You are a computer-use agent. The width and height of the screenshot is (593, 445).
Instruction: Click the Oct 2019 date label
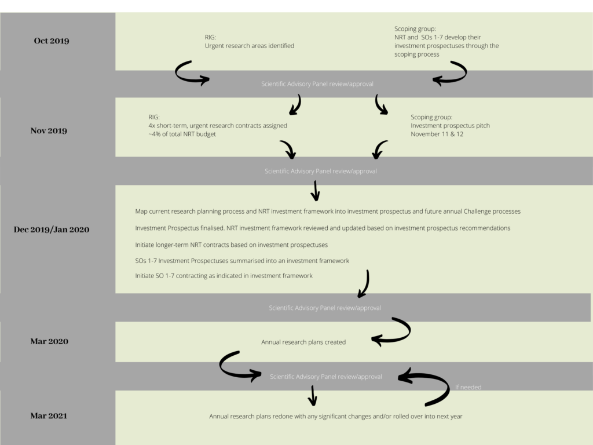(x=52, y=41)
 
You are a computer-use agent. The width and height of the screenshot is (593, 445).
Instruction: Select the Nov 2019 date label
(x=49, y=130)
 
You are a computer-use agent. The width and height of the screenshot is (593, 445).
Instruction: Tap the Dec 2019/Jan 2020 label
(x=52, y=229)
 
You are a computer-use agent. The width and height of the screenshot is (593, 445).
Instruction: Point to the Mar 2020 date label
(x=49, y=341)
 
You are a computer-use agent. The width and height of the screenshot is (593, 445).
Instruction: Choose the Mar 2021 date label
(x=49, y=416)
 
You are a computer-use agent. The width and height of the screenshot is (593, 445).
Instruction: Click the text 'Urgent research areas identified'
(x=250, y=46)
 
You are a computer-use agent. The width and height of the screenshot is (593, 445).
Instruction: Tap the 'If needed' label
(x=468, y=387)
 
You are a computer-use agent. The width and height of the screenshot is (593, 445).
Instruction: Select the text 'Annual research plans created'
(x=303, y=342)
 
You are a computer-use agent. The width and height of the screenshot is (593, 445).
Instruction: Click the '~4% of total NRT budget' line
(x=182, y=134)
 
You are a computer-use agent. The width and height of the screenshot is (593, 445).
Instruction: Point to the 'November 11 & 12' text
(x=437, y=134)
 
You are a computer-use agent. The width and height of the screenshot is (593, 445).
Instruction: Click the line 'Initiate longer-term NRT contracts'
(x=232, y=245)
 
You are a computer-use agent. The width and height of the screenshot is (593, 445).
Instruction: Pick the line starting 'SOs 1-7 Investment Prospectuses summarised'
(x=242, y=261)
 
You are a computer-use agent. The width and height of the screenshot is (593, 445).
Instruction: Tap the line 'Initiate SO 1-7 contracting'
(x=224, y=276)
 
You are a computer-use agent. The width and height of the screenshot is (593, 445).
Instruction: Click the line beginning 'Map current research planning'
(x=328, y=211)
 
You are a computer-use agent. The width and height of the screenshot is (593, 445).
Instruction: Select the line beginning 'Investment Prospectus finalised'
(x=323, y=228)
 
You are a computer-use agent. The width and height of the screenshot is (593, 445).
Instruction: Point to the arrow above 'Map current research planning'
(x=315, y=191)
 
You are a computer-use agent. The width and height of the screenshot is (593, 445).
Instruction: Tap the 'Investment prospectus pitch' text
(x=450, y=126)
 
